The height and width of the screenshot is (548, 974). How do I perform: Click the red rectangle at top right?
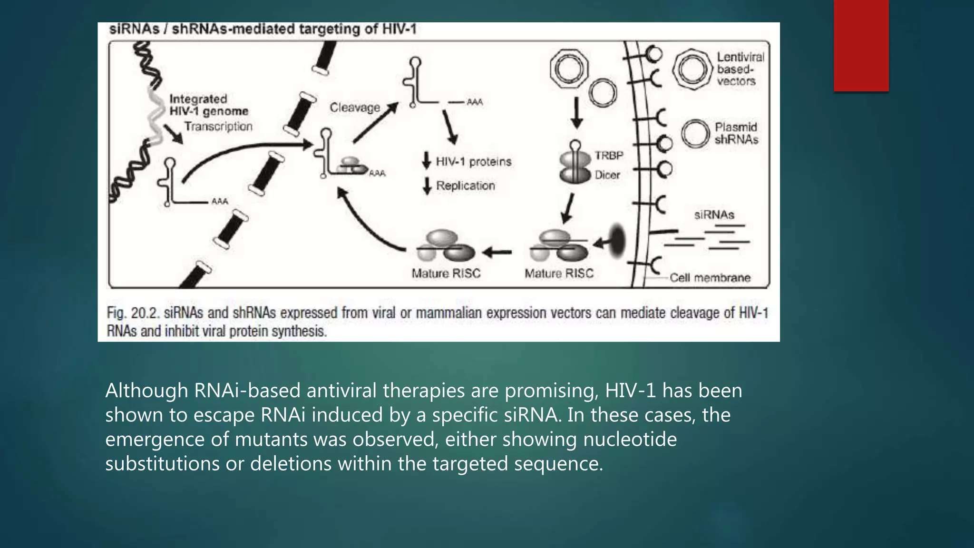861,45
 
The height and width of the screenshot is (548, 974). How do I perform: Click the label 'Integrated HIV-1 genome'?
208,105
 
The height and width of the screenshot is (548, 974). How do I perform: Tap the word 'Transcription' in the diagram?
218,127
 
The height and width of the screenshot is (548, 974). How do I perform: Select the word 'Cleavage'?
355,108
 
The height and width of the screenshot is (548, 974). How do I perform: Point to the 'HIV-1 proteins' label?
473,162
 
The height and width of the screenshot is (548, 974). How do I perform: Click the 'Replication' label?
465,186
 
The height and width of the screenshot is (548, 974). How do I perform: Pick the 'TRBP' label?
608,156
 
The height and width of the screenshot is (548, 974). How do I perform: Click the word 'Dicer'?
607,175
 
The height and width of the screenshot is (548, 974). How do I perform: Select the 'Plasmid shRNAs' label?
736,133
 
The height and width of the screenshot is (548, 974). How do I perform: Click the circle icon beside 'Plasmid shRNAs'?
695,134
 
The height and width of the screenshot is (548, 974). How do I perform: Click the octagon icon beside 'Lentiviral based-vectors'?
692,69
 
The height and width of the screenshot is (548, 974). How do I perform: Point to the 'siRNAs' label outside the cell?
714,215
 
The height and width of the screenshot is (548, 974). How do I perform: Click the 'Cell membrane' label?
710,278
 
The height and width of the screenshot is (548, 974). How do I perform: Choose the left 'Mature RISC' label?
446,274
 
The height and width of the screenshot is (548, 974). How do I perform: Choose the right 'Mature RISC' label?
559,274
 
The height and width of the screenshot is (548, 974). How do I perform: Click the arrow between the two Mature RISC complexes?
497,252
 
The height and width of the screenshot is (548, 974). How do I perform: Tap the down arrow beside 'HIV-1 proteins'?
427,161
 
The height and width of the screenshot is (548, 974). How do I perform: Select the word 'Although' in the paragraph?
146,391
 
